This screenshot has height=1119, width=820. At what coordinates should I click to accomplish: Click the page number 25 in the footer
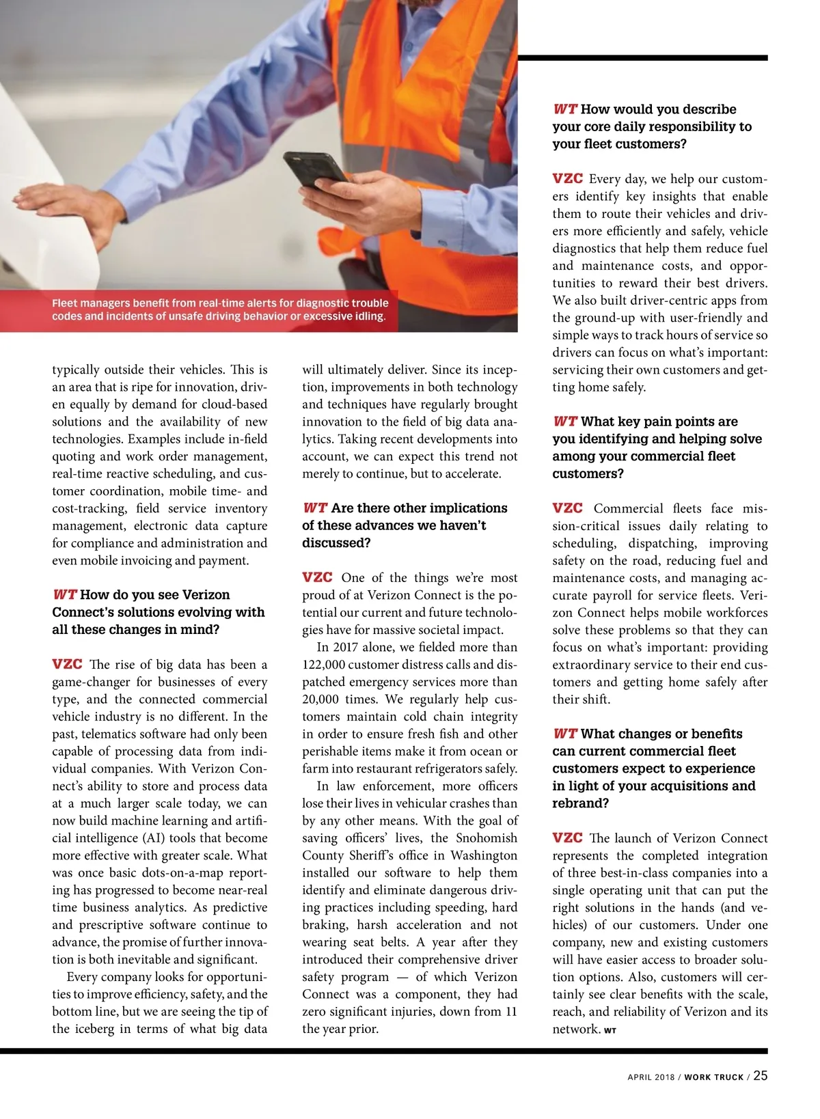coord(760,1075)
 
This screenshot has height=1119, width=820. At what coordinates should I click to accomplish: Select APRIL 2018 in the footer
coord(651,1077)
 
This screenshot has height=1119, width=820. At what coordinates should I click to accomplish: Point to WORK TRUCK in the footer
coord(713,1077)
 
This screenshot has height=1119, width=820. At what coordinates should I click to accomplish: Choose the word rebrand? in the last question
coord(580,803)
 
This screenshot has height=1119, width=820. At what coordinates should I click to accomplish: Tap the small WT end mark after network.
coord(610,1031)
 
